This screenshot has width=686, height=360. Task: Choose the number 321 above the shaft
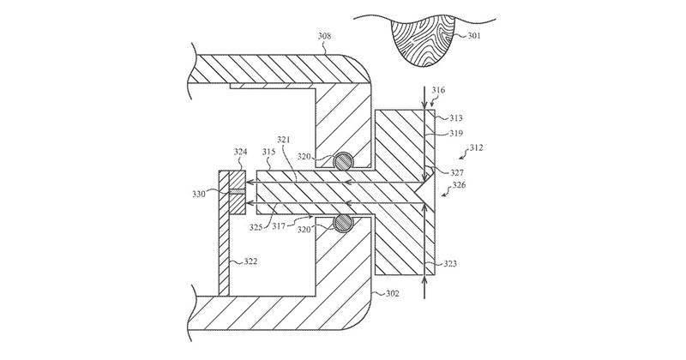pos(285,140)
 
